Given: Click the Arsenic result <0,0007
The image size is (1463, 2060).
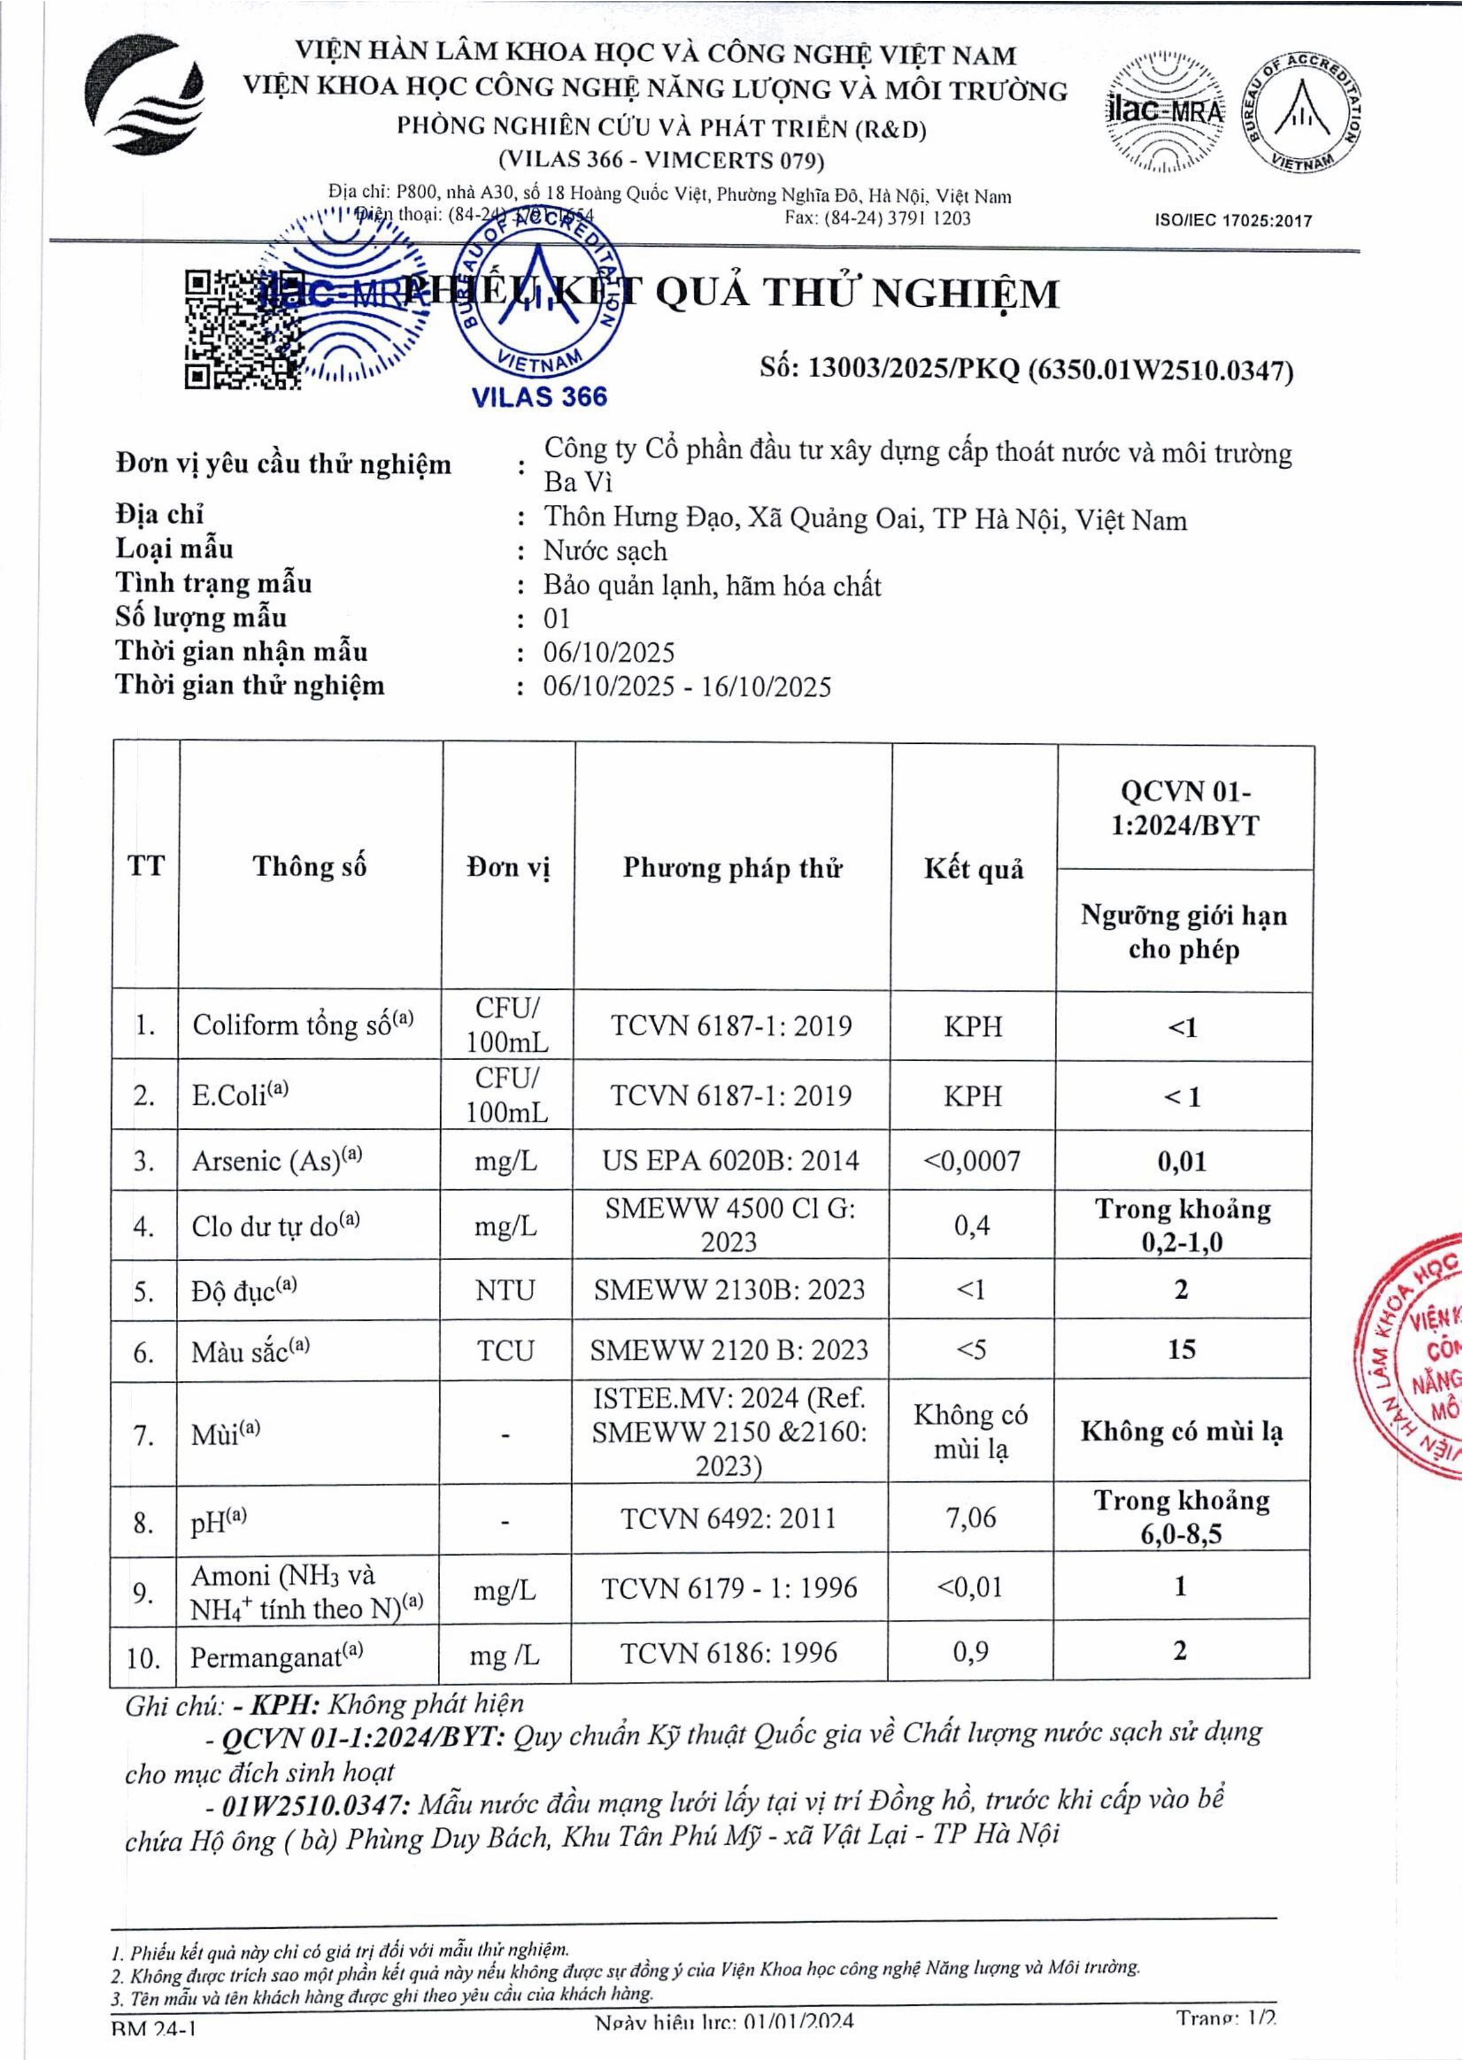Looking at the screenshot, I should tap(972, 1160).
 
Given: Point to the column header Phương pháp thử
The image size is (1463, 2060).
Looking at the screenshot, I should tap(733, 868).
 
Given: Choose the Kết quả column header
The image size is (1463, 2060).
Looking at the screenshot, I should tap(974, 869).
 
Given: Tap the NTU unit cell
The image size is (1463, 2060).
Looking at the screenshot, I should tap(506, 1290).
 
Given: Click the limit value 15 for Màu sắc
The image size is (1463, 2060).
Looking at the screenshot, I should tap(1182, 1349).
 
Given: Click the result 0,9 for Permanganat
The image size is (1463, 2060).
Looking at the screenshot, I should tap(971, 1652).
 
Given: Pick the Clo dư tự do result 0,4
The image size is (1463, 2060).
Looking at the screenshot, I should tap(972, 1226).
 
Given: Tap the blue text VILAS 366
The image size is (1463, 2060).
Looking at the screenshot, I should tap(540, 397).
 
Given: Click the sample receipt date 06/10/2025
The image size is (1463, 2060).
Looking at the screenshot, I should tap(609, 652).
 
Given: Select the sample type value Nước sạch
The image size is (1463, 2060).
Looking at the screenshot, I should tap(605, 550).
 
